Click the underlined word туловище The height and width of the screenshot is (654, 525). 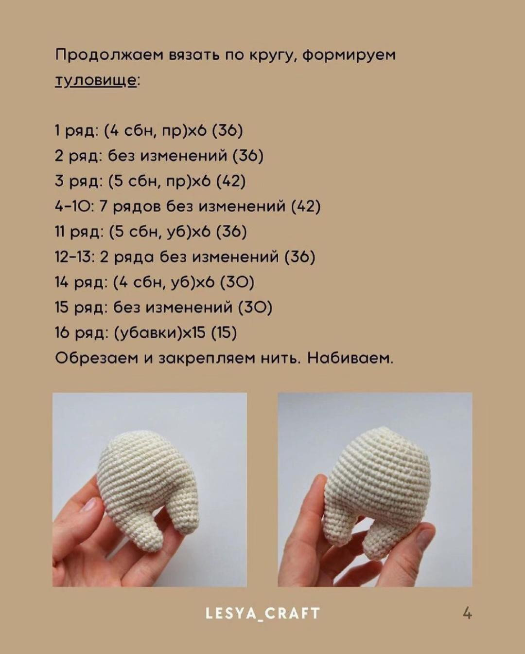click(96, 80)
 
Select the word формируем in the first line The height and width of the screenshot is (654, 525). click(349, 54)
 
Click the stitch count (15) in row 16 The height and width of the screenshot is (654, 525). click(224, 333)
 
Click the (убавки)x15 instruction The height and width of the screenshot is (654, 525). click(159, 333)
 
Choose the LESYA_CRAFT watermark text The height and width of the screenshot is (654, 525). click(262, 613)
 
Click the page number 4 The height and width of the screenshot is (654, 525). click(467, 613)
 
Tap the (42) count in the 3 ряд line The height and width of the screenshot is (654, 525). click(230, 181)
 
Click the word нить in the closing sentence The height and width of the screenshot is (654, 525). click(279, 358)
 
